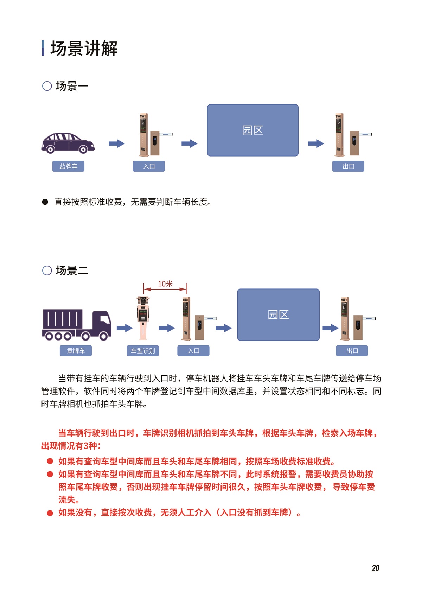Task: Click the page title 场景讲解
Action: (x=84, y=49)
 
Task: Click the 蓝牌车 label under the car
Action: (x=68, y=166)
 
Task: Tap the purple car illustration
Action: (x=68, y=143)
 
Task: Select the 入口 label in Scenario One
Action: (x=149, y=166)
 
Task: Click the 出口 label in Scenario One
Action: (x=348, y=166)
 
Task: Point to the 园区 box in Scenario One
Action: (x=253, y=130)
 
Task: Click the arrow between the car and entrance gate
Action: (x=117, y=144)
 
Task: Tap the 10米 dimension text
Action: (x=165, y=284)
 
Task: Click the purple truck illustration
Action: (x=77, y=325)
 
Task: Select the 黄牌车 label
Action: (x=76, y=351)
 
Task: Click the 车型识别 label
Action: (x=143, y=351)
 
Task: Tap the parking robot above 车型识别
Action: (x=143, y=318)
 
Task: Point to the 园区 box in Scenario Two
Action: (x=279, y=315)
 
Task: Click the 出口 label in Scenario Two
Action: (x=352, y=351)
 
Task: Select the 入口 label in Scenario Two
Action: (x=193, y=351)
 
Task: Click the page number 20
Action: (x=375, y=568)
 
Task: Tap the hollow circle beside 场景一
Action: (x=47, y=86)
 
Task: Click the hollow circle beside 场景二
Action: (x=47, y=271)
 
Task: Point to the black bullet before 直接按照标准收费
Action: (x=45, y=202)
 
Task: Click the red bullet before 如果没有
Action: (x=50, y=513)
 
